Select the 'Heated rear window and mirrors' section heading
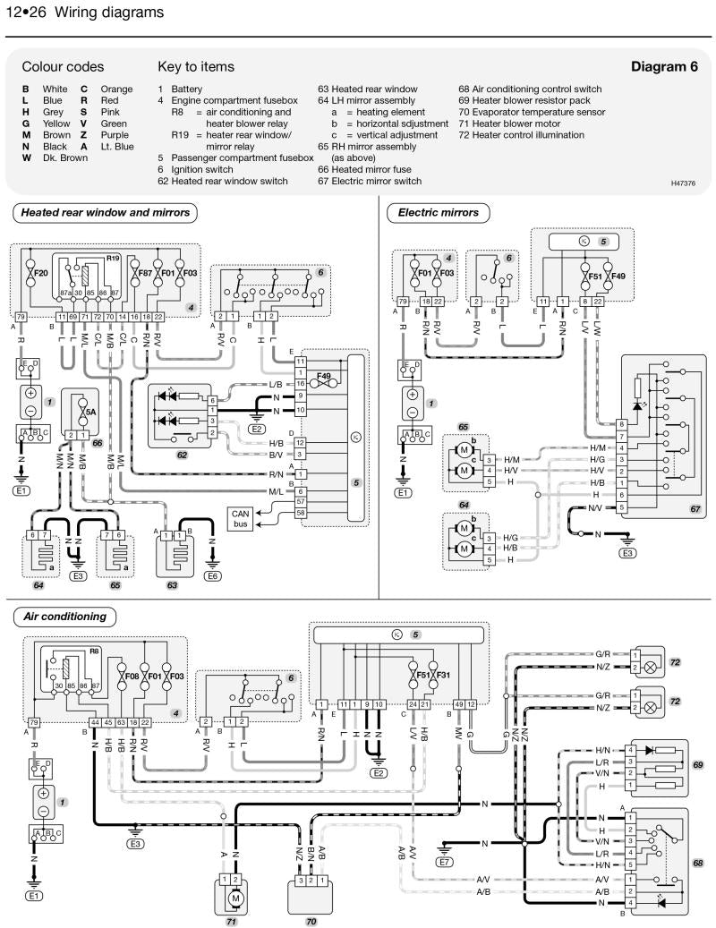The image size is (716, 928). (x=105, y=213)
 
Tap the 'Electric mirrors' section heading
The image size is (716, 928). (x=438, y=213)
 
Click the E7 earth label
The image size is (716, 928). (x=445, y=862)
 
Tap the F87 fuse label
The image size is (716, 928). (x=141, y=270)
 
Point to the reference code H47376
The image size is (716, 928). (x=686, y=183)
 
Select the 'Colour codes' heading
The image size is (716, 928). (x=63, y=66)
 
